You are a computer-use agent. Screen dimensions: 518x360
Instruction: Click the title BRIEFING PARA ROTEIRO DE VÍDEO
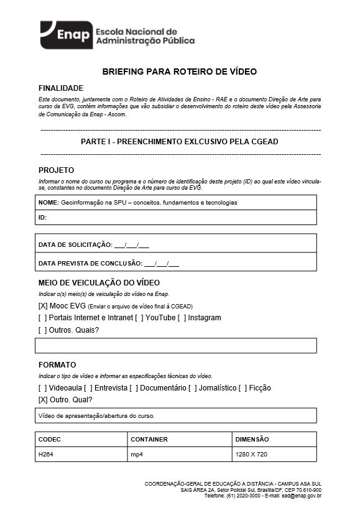[x=180, y=72]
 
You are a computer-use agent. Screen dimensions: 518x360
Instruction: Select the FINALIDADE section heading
[x=61, y=88]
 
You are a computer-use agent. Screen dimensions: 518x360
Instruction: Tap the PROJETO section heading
[x=56, y=170]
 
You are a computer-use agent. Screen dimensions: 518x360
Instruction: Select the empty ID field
[x=176, y=218]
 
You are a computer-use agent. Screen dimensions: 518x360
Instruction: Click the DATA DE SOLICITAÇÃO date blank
[x=131, y=244]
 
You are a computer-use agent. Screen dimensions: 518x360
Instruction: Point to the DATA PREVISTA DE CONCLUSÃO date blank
[x=162, y=263]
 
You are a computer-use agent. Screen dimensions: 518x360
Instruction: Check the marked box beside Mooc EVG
[x=43, y=306]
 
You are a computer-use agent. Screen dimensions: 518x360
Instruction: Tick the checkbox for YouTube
[x=139, y=318]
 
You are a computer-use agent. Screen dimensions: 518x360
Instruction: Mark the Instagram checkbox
[x=182, y=318]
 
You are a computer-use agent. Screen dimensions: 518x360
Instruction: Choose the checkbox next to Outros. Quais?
[x=42, y=330]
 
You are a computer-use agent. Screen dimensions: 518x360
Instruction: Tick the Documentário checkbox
[x=134, y=388]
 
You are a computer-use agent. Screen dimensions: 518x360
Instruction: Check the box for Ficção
[x=242, y=388]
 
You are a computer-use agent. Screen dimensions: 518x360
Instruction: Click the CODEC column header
[x=50, y=439]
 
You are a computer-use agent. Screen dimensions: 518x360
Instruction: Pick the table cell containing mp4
[x=136, y=455]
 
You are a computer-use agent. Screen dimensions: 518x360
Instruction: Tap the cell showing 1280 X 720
[x=251, y=455]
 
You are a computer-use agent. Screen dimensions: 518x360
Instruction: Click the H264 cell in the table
[x=46, y=455]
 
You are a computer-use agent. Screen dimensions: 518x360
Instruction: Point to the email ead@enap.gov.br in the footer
[x=301, y=496]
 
